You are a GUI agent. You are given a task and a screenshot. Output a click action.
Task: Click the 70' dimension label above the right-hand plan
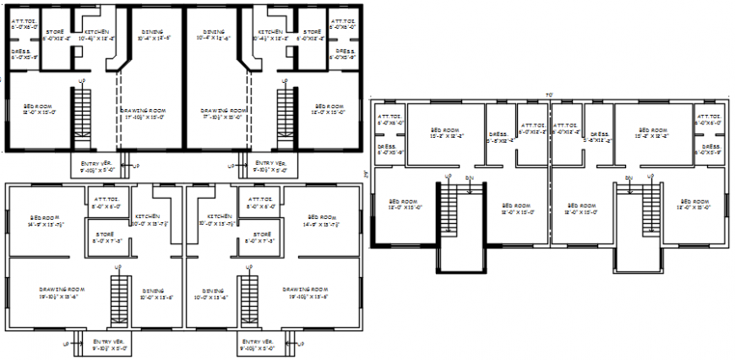point(549,94)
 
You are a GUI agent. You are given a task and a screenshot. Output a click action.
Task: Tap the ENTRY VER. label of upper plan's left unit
point(98,166)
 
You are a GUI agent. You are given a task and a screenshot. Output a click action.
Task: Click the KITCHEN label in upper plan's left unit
point(95,35)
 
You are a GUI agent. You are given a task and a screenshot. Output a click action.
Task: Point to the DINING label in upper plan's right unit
point(213,35)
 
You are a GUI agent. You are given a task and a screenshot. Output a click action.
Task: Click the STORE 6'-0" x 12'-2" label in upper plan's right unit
point(313,35)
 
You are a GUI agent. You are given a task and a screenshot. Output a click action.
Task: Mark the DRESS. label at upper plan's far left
point(23,54)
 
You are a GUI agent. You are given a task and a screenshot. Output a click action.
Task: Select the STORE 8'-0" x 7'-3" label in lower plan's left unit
point(105,237)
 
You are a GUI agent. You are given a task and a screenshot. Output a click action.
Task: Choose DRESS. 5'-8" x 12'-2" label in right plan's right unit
point(601,137)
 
